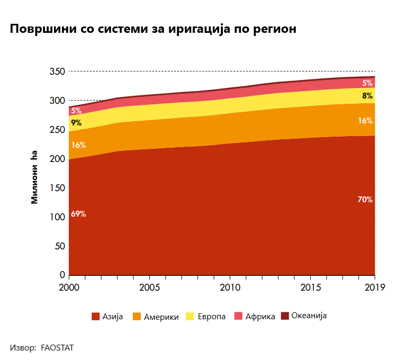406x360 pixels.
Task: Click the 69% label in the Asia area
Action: point(78,214)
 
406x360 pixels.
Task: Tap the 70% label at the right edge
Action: point(365,200)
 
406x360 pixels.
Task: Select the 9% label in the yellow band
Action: point(76,123)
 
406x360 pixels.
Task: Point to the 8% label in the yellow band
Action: point(367,96)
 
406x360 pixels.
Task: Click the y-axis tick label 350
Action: point(57,71)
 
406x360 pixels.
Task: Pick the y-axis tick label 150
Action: point(57,188)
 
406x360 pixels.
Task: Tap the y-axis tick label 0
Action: point(62,275)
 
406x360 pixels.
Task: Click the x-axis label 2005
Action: point(149,287)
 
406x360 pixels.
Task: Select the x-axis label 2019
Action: point(375,287)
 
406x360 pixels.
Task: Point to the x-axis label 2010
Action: point(230,287)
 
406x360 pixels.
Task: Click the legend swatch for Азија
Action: point(95,317)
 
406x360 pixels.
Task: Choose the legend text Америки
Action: point(161,317)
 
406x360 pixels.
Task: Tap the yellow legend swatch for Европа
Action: point(190,317)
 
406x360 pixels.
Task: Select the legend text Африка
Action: point(260,317)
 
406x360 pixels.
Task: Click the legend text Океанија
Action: point(309,316)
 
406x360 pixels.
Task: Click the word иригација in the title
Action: point(199,29)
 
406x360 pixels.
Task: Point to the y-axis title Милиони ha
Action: point(34,177)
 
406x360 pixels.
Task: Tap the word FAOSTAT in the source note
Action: point(57,348)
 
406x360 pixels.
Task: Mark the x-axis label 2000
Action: point(69,287)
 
